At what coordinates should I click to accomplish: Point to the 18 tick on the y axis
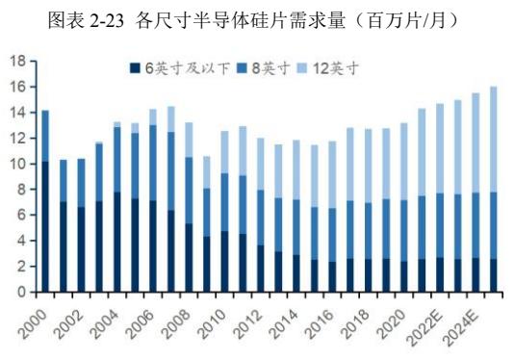tap(17, 61)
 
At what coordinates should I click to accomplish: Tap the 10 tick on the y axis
tap(17, 164)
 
